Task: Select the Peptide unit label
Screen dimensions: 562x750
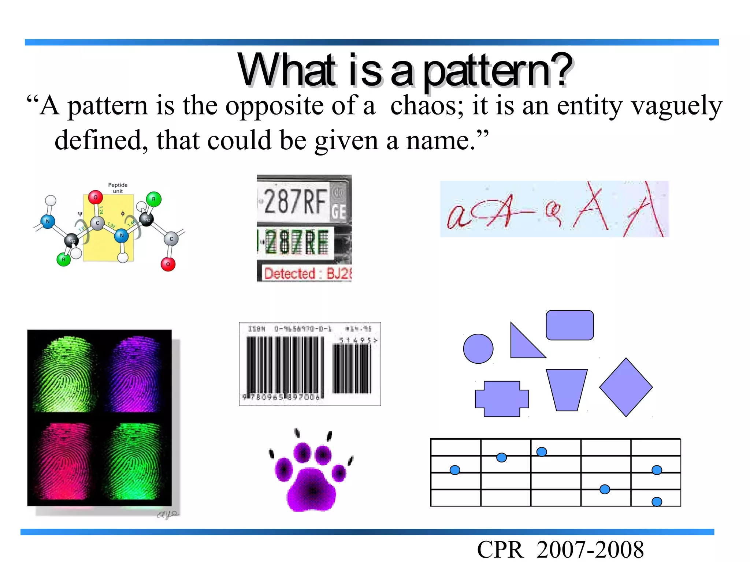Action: click(x=118, y=188)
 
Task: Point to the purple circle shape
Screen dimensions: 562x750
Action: click(x=478, y=349)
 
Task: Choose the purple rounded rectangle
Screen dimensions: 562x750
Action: click(x=569, y=325)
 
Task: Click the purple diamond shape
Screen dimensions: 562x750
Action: click(x=625, y=387)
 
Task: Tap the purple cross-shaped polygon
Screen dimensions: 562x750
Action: click(x=501, y=399)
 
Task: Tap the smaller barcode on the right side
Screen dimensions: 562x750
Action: click(x=352, y=368)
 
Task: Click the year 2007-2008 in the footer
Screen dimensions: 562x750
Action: click(x=590, y=550)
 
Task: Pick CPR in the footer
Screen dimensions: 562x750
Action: click(x=500, y=550)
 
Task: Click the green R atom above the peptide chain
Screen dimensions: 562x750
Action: click(x=153, y=199)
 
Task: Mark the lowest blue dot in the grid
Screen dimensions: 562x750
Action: click(x=657, y=501)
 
